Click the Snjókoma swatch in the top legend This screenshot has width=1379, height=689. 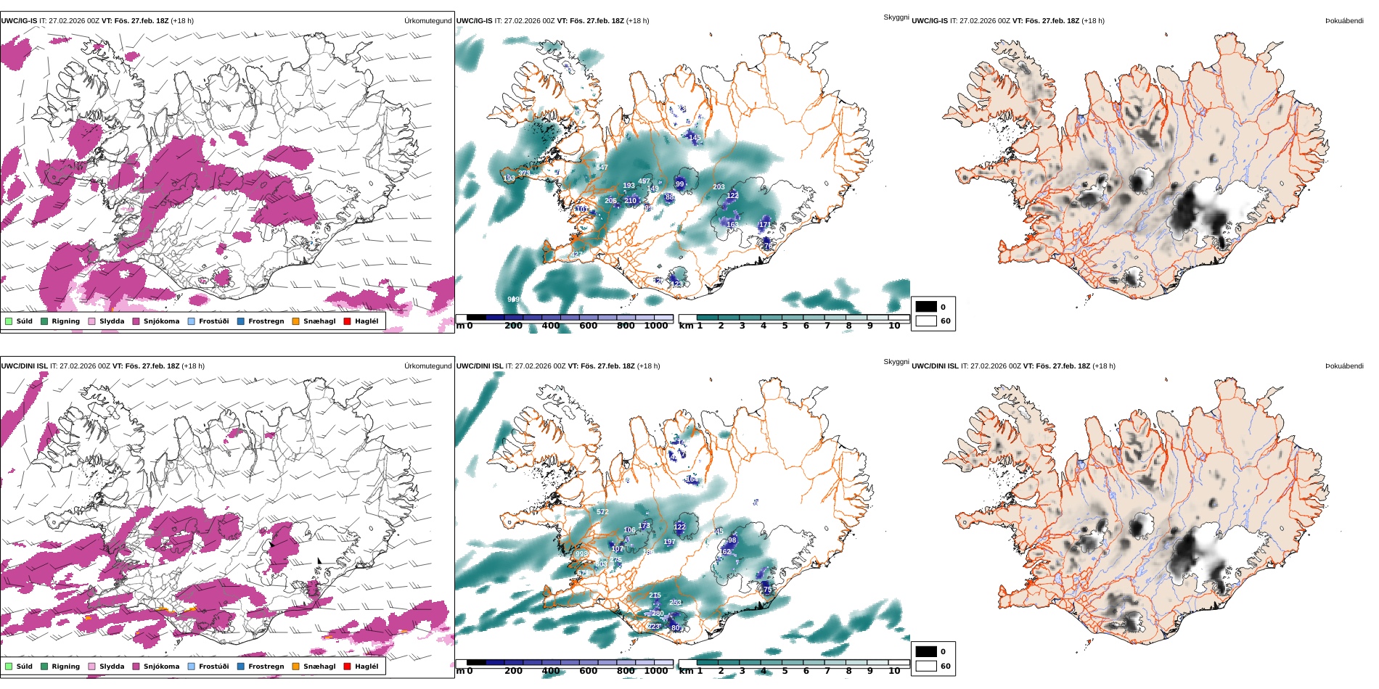[136, 321]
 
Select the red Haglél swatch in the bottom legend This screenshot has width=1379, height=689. [347, 667]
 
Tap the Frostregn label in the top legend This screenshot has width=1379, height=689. [266, 321]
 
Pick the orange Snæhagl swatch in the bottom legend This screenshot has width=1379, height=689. [295, 667]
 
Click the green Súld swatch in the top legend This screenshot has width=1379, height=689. [9, 321]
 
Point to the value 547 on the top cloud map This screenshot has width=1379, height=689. [602, 168]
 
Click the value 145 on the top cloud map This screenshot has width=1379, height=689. [695, 138]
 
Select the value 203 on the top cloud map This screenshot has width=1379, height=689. [719, 187]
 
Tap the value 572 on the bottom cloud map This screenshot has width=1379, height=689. [602, 512]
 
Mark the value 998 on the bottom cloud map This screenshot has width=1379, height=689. [581, 554]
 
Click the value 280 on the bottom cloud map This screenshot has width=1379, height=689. [658, 614]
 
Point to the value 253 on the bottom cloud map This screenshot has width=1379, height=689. [675, 603]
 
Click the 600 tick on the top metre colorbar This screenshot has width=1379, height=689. [588, 326]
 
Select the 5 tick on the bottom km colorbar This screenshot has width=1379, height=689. [785, 672]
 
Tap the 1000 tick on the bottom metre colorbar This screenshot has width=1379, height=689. [655, 672]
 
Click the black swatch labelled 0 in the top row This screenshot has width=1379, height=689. [926, 307]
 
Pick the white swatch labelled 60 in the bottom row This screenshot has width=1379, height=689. [926, 666]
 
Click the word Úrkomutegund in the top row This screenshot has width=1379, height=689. [427, 21]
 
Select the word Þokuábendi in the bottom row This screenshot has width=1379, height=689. [1344, 366]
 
